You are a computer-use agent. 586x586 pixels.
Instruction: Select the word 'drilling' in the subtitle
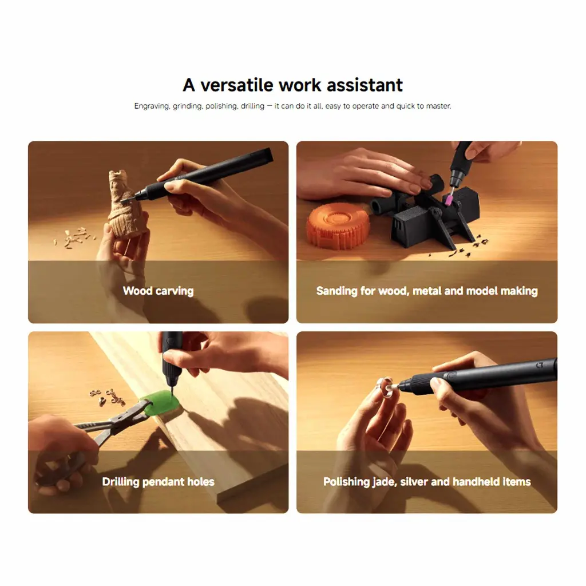252,106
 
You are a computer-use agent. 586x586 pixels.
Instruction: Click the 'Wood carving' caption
158,291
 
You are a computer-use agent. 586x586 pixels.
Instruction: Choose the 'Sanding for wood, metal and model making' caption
427,291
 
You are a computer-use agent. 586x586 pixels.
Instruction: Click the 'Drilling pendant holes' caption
158,482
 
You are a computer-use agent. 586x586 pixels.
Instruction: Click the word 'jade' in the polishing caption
383,482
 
